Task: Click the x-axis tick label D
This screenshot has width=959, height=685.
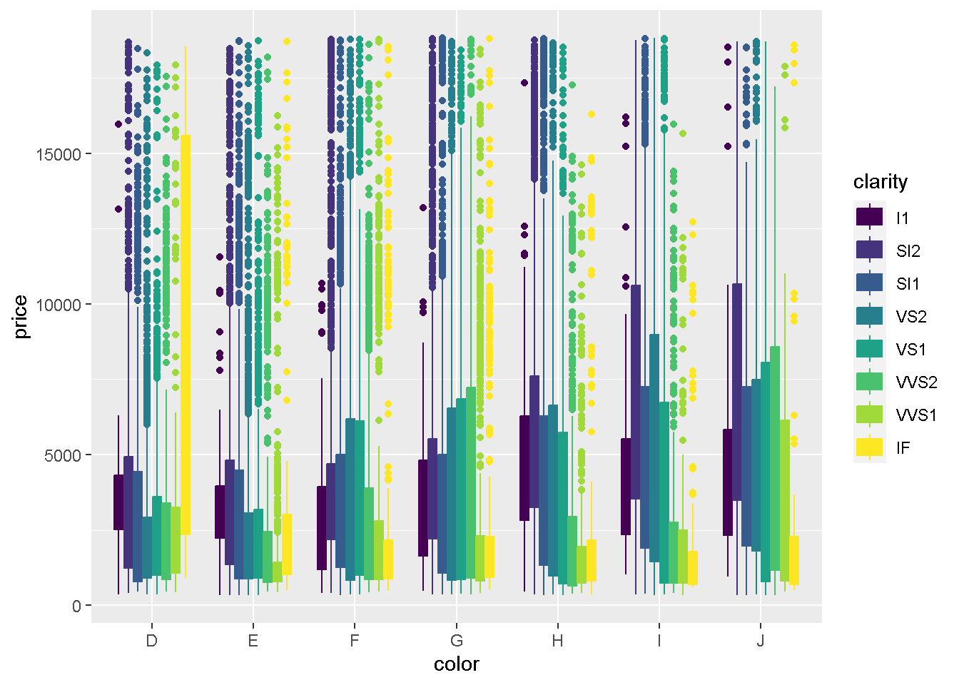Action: tap(151, 641)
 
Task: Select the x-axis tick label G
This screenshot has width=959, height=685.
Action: tap(457, 641)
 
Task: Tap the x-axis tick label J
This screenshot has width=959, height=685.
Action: tap(761, 641)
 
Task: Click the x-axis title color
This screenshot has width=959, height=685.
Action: tap(457, 664)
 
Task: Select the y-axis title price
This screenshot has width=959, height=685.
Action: tap(21, 317)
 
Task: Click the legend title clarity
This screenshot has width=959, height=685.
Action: tap(880, 182)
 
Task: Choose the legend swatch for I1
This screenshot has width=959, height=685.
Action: tap(870, 217)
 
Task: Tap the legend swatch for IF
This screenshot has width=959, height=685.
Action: tap(870, 447)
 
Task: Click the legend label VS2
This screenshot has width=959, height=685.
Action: tap(911, 316)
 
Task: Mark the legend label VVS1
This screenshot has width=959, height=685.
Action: tap(916, 415)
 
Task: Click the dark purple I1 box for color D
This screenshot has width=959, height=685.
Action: tap(118, 502)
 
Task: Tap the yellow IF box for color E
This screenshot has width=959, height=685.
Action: tap(287, 544)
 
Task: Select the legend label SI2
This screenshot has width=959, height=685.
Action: tap(908, 250)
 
